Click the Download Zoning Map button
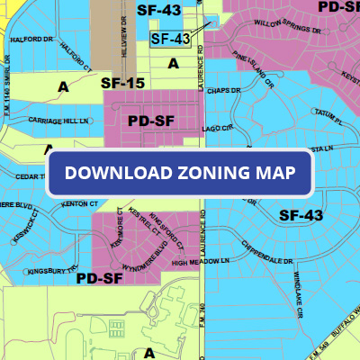(x=180, y=173)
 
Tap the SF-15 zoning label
(x=123, y=83)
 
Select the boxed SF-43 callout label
(x=170, y=39)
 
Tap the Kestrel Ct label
(x=135, y=224)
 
